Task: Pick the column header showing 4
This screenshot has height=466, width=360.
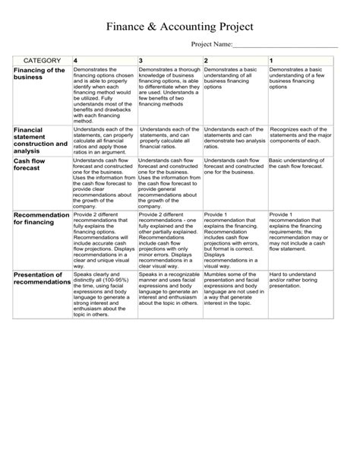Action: [x=76, y=59]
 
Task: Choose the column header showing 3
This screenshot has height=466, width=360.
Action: [x=141, y=59]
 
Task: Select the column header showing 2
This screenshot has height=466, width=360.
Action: [x=207, y=59]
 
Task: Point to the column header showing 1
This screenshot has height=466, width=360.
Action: [x=272, y=59]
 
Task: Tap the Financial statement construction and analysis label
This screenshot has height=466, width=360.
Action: [x=40, y=140]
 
